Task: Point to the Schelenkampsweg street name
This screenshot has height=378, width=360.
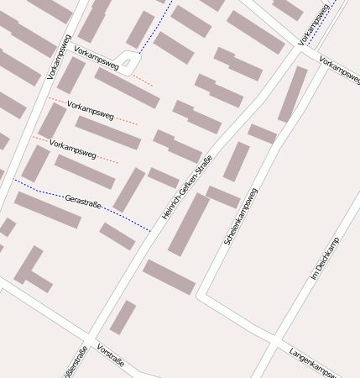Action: point(241,217)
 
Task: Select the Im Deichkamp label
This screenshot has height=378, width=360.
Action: point(325,259)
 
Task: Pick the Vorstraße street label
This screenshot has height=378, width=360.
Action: point(111,356)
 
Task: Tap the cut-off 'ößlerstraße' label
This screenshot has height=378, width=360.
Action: point(74,363)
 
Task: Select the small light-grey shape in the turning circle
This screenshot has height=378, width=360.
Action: point(127,62)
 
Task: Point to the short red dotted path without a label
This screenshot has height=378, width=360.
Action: point(142,81)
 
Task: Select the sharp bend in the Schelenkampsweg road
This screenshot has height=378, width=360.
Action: point(201,295)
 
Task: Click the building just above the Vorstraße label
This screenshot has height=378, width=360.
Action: point(123,318)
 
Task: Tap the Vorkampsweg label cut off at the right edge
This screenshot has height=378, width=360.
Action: point(340,72)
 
